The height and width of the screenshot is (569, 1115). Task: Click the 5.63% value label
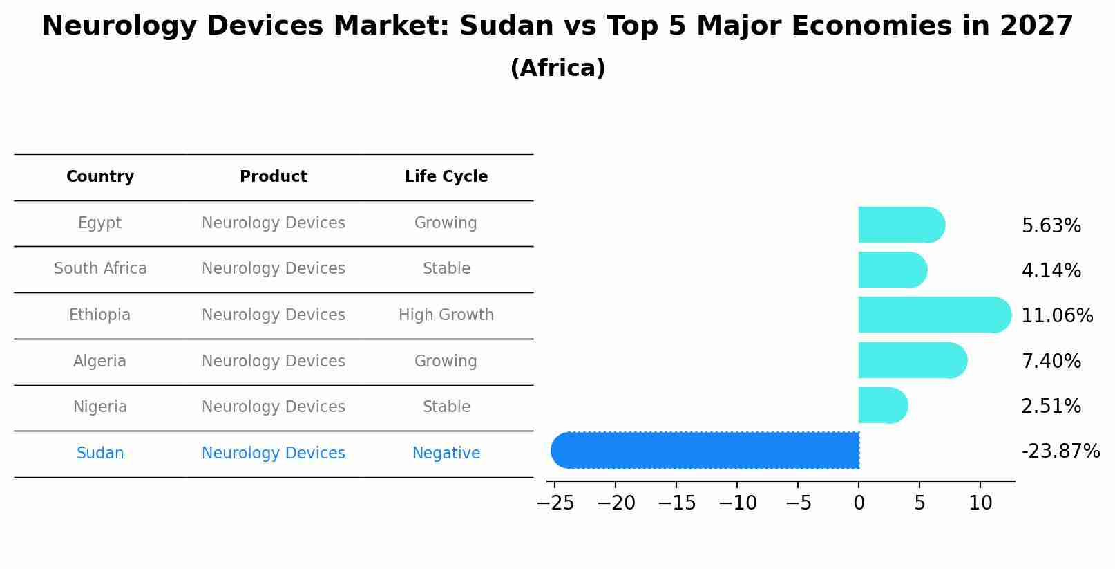click(1051, 226)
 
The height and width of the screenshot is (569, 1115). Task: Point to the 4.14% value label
click(1051, 271)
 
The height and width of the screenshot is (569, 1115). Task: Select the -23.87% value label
click(1060, 451)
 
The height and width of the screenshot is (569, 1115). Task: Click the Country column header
click(100, 177)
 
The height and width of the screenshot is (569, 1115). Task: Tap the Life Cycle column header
click(446, 177)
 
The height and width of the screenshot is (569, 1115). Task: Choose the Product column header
click(274, 177)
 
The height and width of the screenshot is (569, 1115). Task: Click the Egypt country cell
click(99, 223)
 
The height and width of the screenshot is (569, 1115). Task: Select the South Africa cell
click(100, 269)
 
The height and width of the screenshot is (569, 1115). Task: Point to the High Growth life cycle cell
click(446, 315)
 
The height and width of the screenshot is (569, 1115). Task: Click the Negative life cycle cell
click(446, 454)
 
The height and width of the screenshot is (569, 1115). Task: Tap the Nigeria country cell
click(100, 407)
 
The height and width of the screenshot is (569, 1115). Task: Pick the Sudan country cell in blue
click(100, 454)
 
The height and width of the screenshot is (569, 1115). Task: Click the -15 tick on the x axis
click(676, 503)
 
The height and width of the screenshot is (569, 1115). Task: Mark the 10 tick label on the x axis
click(980, 503)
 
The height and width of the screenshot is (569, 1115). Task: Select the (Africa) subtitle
click(557, 68)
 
